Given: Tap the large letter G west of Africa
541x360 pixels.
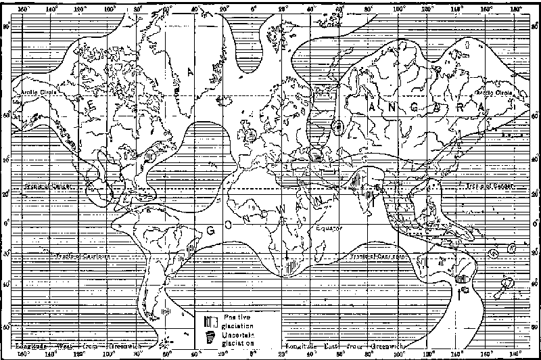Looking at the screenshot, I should tap(211, 230).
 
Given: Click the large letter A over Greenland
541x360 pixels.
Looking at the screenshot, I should tap(191, 72).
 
